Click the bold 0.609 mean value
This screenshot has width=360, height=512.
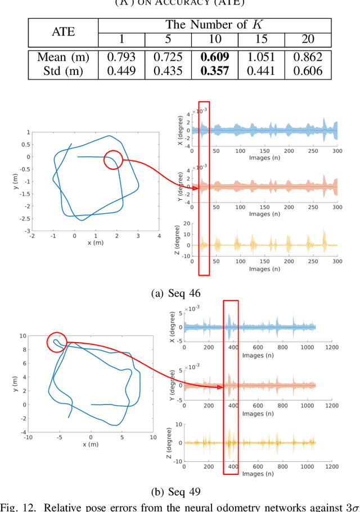tap(215, 57)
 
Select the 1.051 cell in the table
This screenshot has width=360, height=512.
tap(261, 57)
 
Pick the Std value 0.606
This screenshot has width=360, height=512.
tap(308, 70)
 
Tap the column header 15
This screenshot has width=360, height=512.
tap(261, 40)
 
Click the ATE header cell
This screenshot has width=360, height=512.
tap(63, 32)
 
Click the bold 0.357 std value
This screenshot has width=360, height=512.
tap(215, 70)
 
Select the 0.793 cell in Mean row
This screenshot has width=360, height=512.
tap(121, 57)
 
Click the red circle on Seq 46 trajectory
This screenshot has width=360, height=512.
tap(112, 160)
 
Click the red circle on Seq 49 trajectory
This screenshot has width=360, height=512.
tap(56, 342)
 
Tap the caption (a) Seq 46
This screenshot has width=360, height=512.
tap(176, 293)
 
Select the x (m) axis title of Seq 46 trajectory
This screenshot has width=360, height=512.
tap(96, 242)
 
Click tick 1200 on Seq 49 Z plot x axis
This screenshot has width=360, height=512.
tap(332, 466)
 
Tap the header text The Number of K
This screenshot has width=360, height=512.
tap(214, 25)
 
